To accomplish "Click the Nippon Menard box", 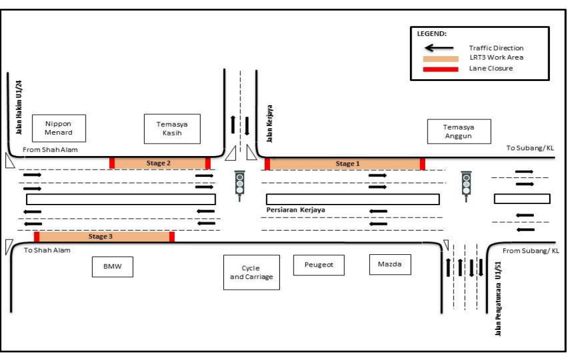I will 58,128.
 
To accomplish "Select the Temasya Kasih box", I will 172,129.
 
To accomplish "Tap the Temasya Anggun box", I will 458,131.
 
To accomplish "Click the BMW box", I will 112,267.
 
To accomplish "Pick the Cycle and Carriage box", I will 251,273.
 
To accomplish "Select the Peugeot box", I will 319,265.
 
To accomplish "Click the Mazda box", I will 390,264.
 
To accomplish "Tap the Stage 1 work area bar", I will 345,164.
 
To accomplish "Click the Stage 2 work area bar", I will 159,163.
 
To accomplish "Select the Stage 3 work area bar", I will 104,236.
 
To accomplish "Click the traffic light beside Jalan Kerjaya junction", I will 239,184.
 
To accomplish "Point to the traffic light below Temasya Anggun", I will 467,184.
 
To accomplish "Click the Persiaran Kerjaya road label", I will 296,210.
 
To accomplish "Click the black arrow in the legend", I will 439,48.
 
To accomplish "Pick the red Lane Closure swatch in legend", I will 439,69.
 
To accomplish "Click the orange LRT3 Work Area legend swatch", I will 439,58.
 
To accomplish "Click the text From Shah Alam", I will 50,150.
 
